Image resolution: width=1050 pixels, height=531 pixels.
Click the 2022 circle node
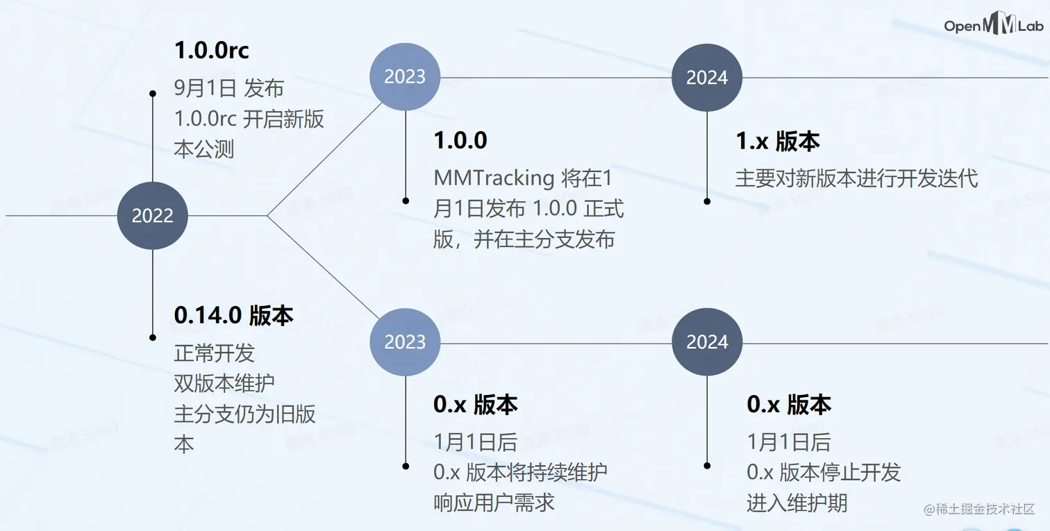(x=153, y=215)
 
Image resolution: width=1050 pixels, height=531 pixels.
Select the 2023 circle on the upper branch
(x=405, y=77)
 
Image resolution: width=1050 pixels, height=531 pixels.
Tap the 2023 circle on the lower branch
(x=405, y=342)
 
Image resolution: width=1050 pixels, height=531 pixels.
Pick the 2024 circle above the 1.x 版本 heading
(x=707, y=78)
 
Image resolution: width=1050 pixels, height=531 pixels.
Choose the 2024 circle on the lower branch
(x=707, y=342)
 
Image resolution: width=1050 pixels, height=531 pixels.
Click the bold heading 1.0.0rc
(x=211, y=51)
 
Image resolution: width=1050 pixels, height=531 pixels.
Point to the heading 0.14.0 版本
(x=233, y=316)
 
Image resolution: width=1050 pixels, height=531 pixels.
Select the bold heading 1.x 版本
(x=778, y=142)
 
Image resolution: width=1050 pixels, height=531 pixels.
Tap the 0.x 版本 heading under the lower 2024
(x=789, y=405)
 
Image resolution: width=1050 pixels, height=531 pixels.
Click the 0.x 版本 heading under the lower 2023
(x=476, y=405)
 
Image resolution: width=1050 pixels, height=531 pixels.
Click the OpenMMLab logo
(x=994, y=26)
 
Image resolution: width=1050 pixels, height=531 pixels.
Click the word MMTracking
(x=494, y=178)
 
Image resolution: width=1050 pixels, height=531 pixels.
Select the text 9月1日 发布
(x=229, y=88)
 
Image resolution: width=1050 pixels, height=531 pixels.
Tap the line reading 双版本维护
(x=224, y=382)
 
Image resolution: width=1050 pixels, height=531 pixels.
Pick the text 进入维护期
(x=797, y=503)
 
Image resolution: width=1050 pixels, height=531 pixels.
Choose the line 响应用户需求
(x=494, y=503)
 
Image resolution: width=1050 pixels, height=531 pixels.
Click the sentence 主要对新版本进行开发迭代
(x=856, y=178)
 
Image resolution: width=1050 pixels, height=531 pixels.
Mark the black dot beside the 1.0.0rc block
(x=153, y=93)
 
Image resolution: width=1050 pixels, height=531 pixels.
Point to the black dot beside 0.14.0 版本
(x=153, y=337)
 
